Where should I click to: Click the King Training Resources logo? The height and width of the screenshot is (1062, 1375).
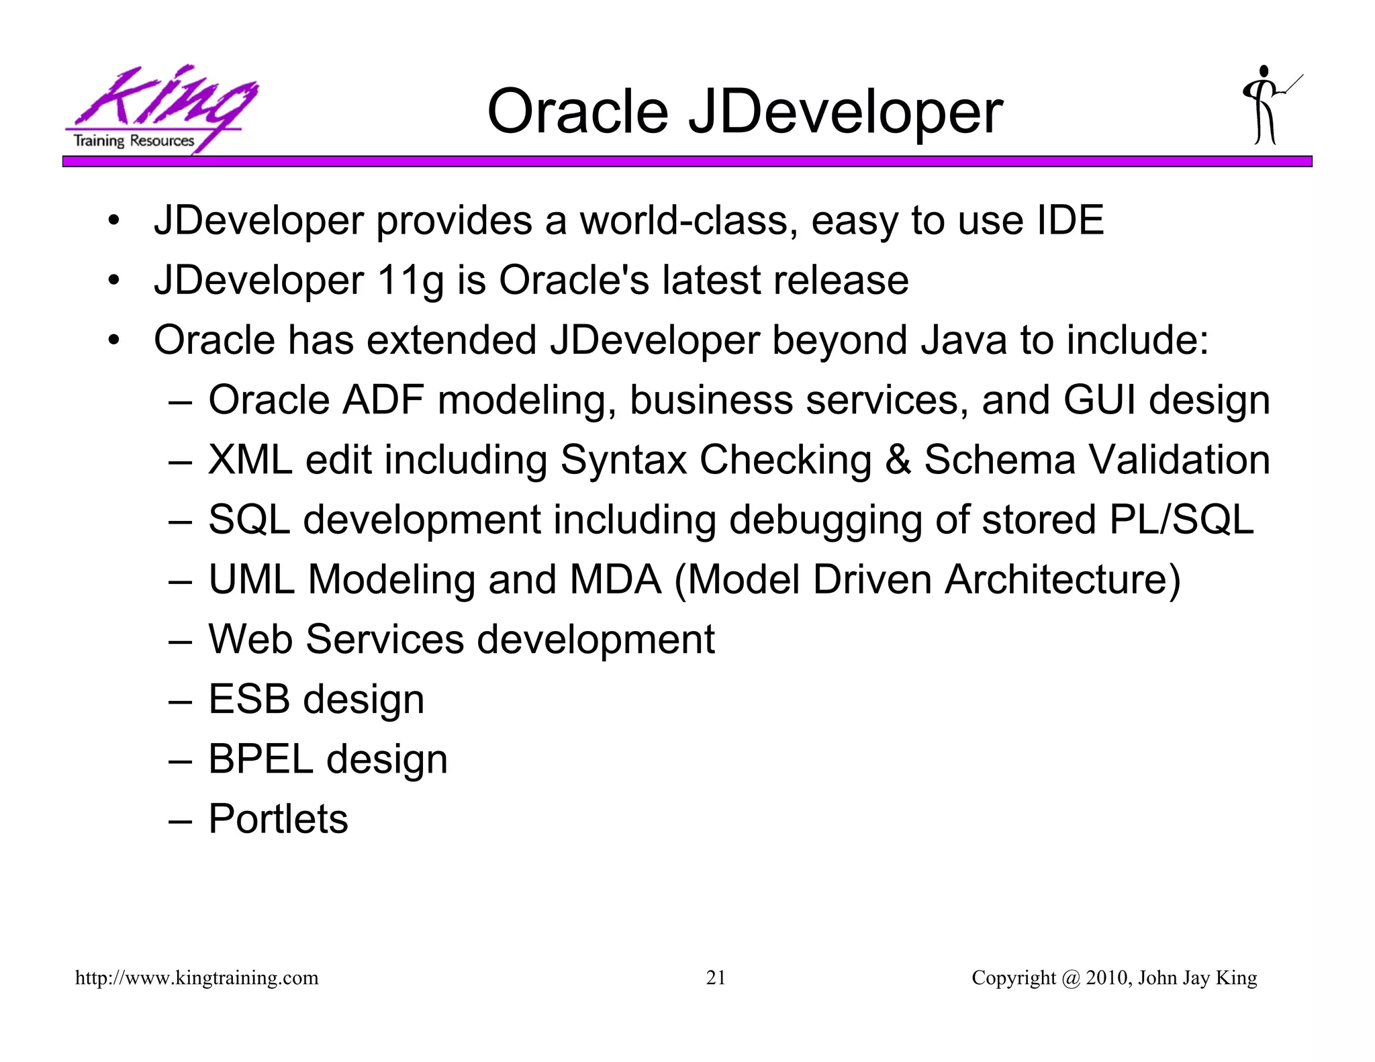tap(160, 109)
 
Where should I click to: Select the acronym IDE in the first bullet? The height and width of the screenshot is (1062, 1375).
tap(1070, 220)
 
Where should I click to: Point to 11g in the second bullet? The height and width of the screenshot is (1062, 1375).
tap(410, 280)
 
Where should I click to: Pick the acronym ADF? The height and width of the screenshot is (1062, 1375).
tap(383, 400)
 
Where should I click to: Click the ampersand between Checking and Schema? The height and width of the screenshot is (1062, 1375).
tap(898, 460)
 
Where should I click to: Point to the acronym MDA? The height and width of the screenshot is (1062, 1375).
tap(615, 579)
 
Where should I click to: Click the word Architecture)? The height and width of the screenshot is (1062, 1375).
tap(1062, 579)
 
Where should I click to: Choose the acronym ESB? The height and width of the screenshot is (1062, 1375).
tap(249, 699)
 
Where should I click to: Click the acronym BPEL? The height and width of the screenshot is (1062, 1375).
tap(260, 759)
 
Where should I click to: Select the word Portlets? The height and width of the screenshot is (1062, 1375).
tap(279, 819)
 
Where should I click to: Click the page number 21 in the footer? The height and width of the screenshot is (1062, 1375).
tap(716, 978)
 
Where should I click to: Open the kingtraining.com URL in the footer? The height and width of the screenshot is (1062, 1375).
tap(197, 978)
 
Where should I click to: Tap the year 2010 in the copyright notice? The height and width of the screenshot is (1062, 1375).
tap(1107, 978)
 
